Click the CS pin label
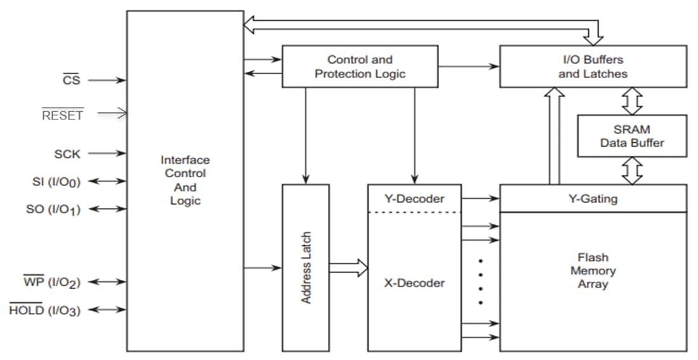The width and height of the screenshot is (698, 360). (71, 81)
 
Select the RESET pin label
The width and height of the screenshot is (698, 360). (62, 115)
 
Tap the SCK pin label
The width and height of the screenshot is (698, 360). (67, 154)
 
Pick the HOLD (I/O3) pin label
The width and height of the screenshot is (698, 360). (44, 310)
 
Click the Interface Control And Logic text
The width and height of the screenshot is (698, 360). (185, 180)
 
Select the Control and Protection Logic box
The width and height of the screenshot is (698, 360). (360, 66)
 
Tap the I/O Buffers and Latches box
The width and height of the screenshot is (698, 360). (593, 66)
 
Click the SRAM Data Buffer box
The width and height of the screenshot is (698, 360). (631, 136)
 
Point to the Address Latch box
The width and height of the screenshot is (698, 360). (306, 267)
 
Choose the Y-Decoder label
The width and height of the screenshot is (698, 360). (414, 199)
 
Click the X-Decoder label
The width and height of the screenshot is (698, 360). (414, 283)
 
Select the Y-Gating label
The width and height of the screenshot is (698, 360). (593, 199)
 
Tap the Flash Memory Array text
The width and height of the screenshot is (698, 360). (593, 270)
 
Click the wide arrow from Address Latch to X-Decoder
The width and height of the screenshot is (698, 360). (348, 267)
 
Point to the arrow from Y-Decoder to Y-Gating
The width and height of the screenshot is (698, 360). (480, 199)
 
